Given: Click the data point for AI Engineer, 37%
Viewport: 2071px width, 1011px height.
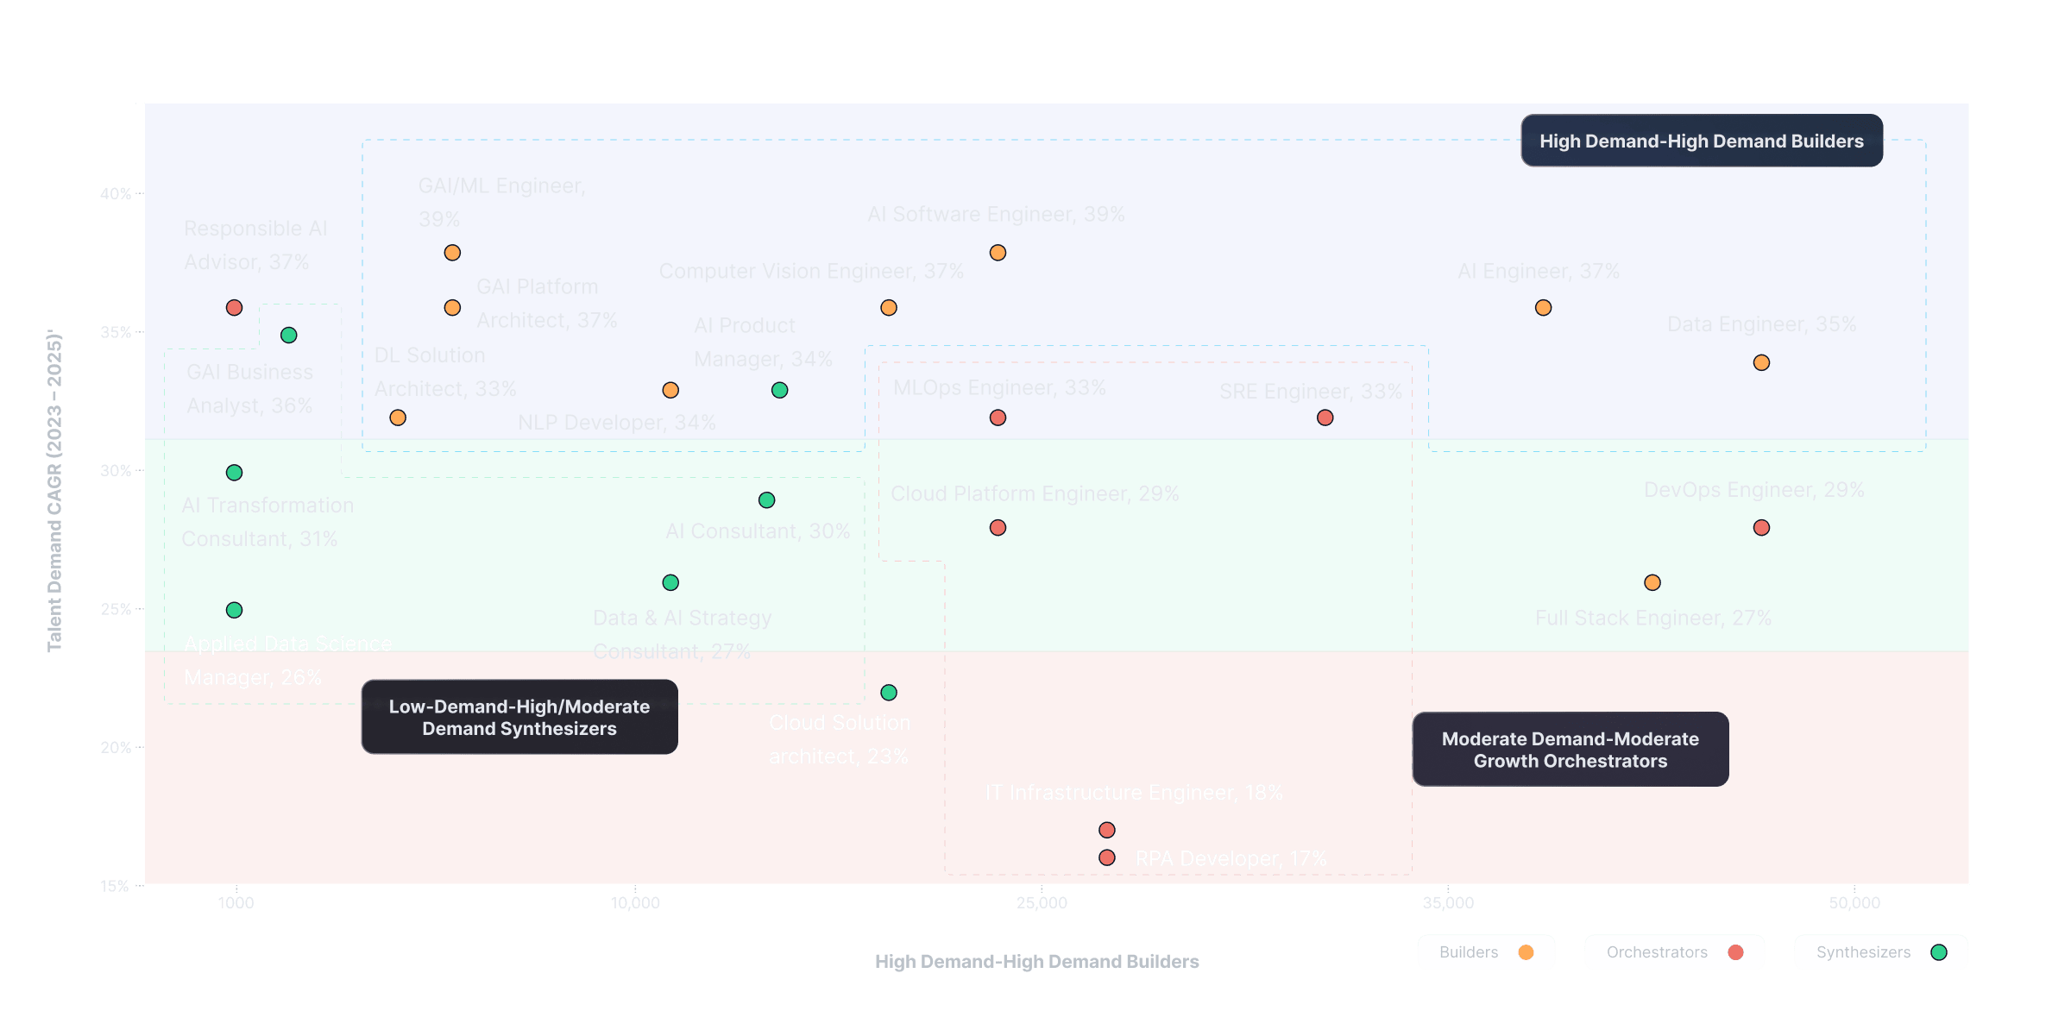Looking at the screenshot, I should (1543, 308).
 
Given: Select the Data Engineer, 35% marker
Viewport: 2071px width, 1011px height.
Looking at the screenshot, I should (1761, 363).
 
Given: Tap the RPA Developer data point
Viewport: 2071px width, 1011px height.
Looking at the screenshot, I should (1107, 857).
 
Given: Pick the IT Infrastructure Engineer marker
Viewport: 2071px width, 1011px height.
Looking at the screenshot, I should (1107, 830).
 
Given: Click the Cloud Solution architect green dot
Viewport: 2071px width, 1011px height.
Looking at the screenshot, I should (889, 693).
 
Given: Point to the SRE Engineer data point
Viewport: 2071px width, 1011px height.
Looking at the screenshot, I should (1325, 418).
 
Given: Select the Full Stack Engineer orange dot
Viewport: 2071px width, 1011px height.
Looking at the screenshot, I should (1652, 583).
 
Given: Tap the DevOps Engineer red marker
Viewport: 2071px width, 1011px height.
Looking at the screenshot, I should (1761, 528).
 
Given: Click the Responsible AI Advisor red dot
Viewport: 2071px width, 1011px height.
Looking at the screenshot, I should (234, 308).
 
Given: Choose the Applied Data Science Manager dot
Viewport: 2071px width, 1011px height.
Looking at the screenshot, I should (234, 610).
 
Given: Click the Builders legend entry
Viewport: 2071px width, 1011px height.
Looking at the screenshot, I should (1485, 952).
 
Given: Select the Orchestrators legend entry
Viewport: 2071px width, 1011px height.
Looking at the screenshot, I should (1674, 952).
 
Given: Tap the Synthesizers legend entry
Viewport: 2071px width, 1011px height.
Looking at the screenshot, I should (1880, 952).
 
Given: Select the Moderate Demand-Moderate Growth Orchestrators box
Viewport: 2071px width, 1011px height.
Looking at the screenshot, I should (1570, 750).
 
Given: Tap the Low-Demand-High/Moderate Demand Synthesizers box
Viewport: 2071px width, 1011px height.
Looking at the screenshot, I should (519, 717).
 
